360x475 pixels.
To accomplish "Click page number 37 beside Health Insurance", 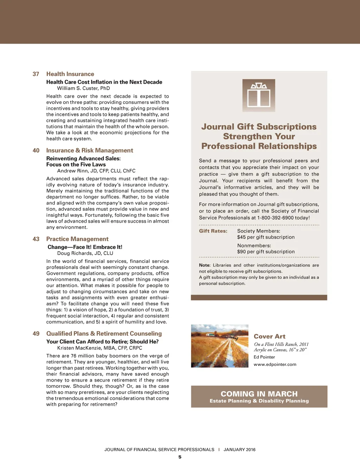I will [x=36, y=74].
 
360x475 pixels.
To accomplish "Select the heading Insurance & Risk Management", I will [x=90, y=151].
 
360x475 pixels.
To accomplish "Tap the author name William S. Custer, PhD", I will [x=83, y=88].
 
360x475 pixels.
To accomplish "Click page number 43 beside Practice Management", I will [x=36, y=239].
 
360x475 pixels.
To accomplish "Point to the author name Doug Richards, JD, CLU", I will [x=85, y=253].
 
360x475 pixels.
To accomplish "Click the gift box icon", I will [x=259, y=95].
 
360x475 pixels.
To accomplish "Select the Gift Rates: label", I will [x=213, y=231].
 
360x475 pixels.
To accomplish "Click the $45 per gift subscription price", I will [x=266, y=237].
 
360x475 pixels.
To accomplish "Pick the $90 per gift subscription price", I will [x=266, y=252].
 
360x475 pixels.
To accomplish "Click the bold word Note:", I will [x=205, y=265].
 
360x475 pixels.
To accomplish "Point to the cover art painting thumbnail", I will [x=220, y=346].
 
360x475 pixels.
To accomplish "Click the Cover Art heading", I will [x=270, y=336].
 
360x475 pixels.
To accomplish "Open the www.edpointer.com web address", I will [x=275, y=365].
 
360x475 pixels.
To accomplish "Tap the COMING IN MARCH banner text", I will [x=259, y=394].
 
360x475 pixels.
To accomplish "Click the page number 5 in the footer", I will [x=180, y=457].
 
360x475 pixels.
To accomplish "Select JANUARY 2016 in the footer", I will [x=239, y=450].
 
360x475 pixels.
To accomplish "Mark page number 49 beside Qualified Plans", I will [x=36, y=334].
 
